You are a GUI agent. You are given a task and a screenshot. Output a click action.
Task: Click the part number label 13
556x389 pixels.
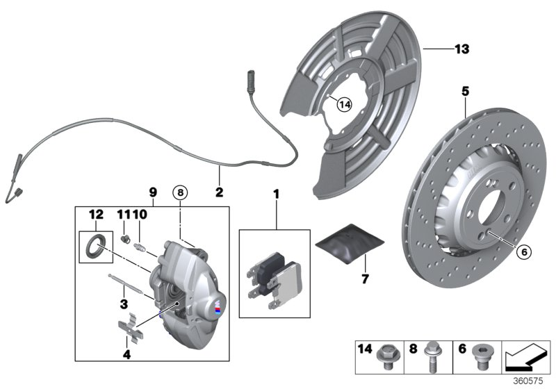[461, 49]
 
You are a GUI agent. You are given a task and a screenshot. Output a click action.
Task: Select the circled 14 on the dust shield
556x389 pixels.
[344, 104]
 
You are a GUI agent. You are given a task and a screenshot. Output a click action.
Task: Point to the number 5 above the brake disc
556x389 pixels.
[465, 91]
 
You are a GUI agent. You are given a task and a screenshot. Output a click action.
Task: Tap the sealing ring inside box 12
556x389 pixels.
[94, 245]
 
